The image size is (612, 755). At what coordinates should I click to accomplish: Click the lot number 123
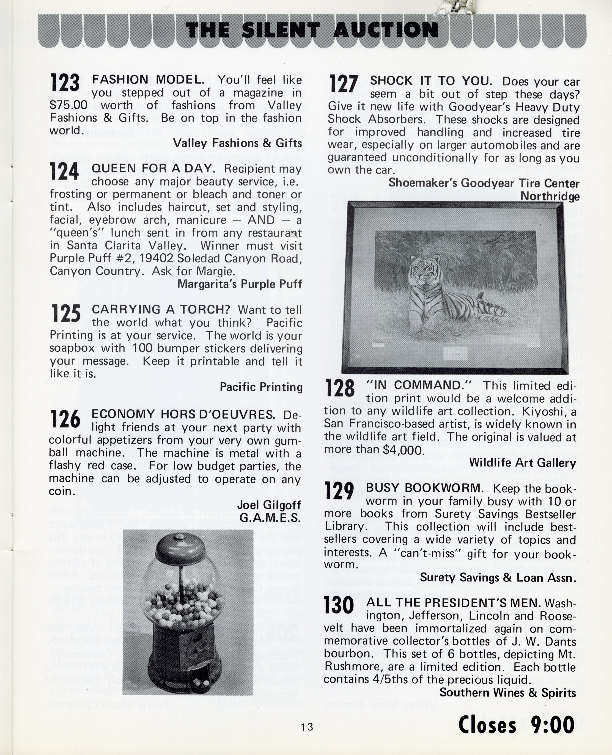pyautogui.click(x=65, y=83)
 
